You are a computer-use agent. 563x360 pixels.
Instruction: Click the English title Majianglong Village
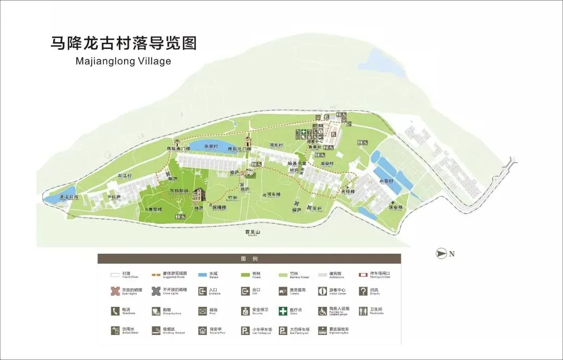point(123,61)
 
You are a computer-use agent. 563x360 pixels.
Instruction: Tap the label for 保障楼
point(219,207)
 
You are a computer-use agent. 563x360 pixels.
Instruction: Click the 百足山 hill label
point(252,232)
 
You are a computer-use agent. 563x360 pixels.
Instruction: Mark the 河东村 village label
point(276,145)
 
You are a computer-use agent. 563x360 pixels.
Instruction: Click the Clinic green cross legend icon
point(283,311)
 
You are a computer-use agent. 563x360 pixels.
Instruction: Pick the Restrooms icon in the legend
point(363,311)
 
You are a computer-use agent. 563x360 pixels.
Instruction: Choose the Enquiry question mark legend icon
point(363,291)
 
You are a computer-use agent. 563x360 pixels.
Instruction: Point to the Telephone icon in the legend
point(115,311)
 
